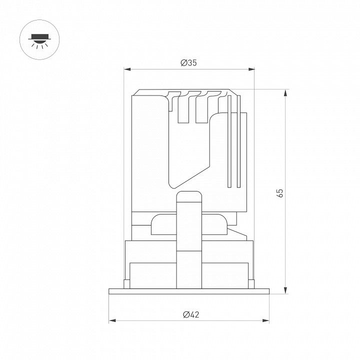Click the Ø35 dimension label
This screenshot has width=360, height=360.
click(188, 62)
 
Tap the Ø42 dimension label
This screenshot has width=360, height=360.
click(191, 314)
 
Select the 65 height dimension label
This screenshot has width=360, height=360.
click(280, 193)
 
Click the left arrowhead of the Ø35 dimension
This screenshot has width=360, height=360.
click(127, 69)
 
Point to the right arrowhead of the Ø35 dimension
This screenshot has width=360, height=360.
click(251, 69)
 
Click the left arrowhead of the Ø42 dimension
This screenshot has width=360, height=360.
click(112, 320)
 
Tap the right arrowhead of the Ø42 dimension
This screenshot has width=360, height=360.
click(265, 320)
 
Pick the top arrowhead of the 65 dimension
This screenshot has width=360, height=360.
click(285, 93)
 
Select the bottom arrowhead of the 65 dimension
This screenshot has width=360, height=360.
click(285, 290)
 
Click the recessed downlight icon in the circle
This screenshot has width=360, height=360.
click(39, 39)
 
